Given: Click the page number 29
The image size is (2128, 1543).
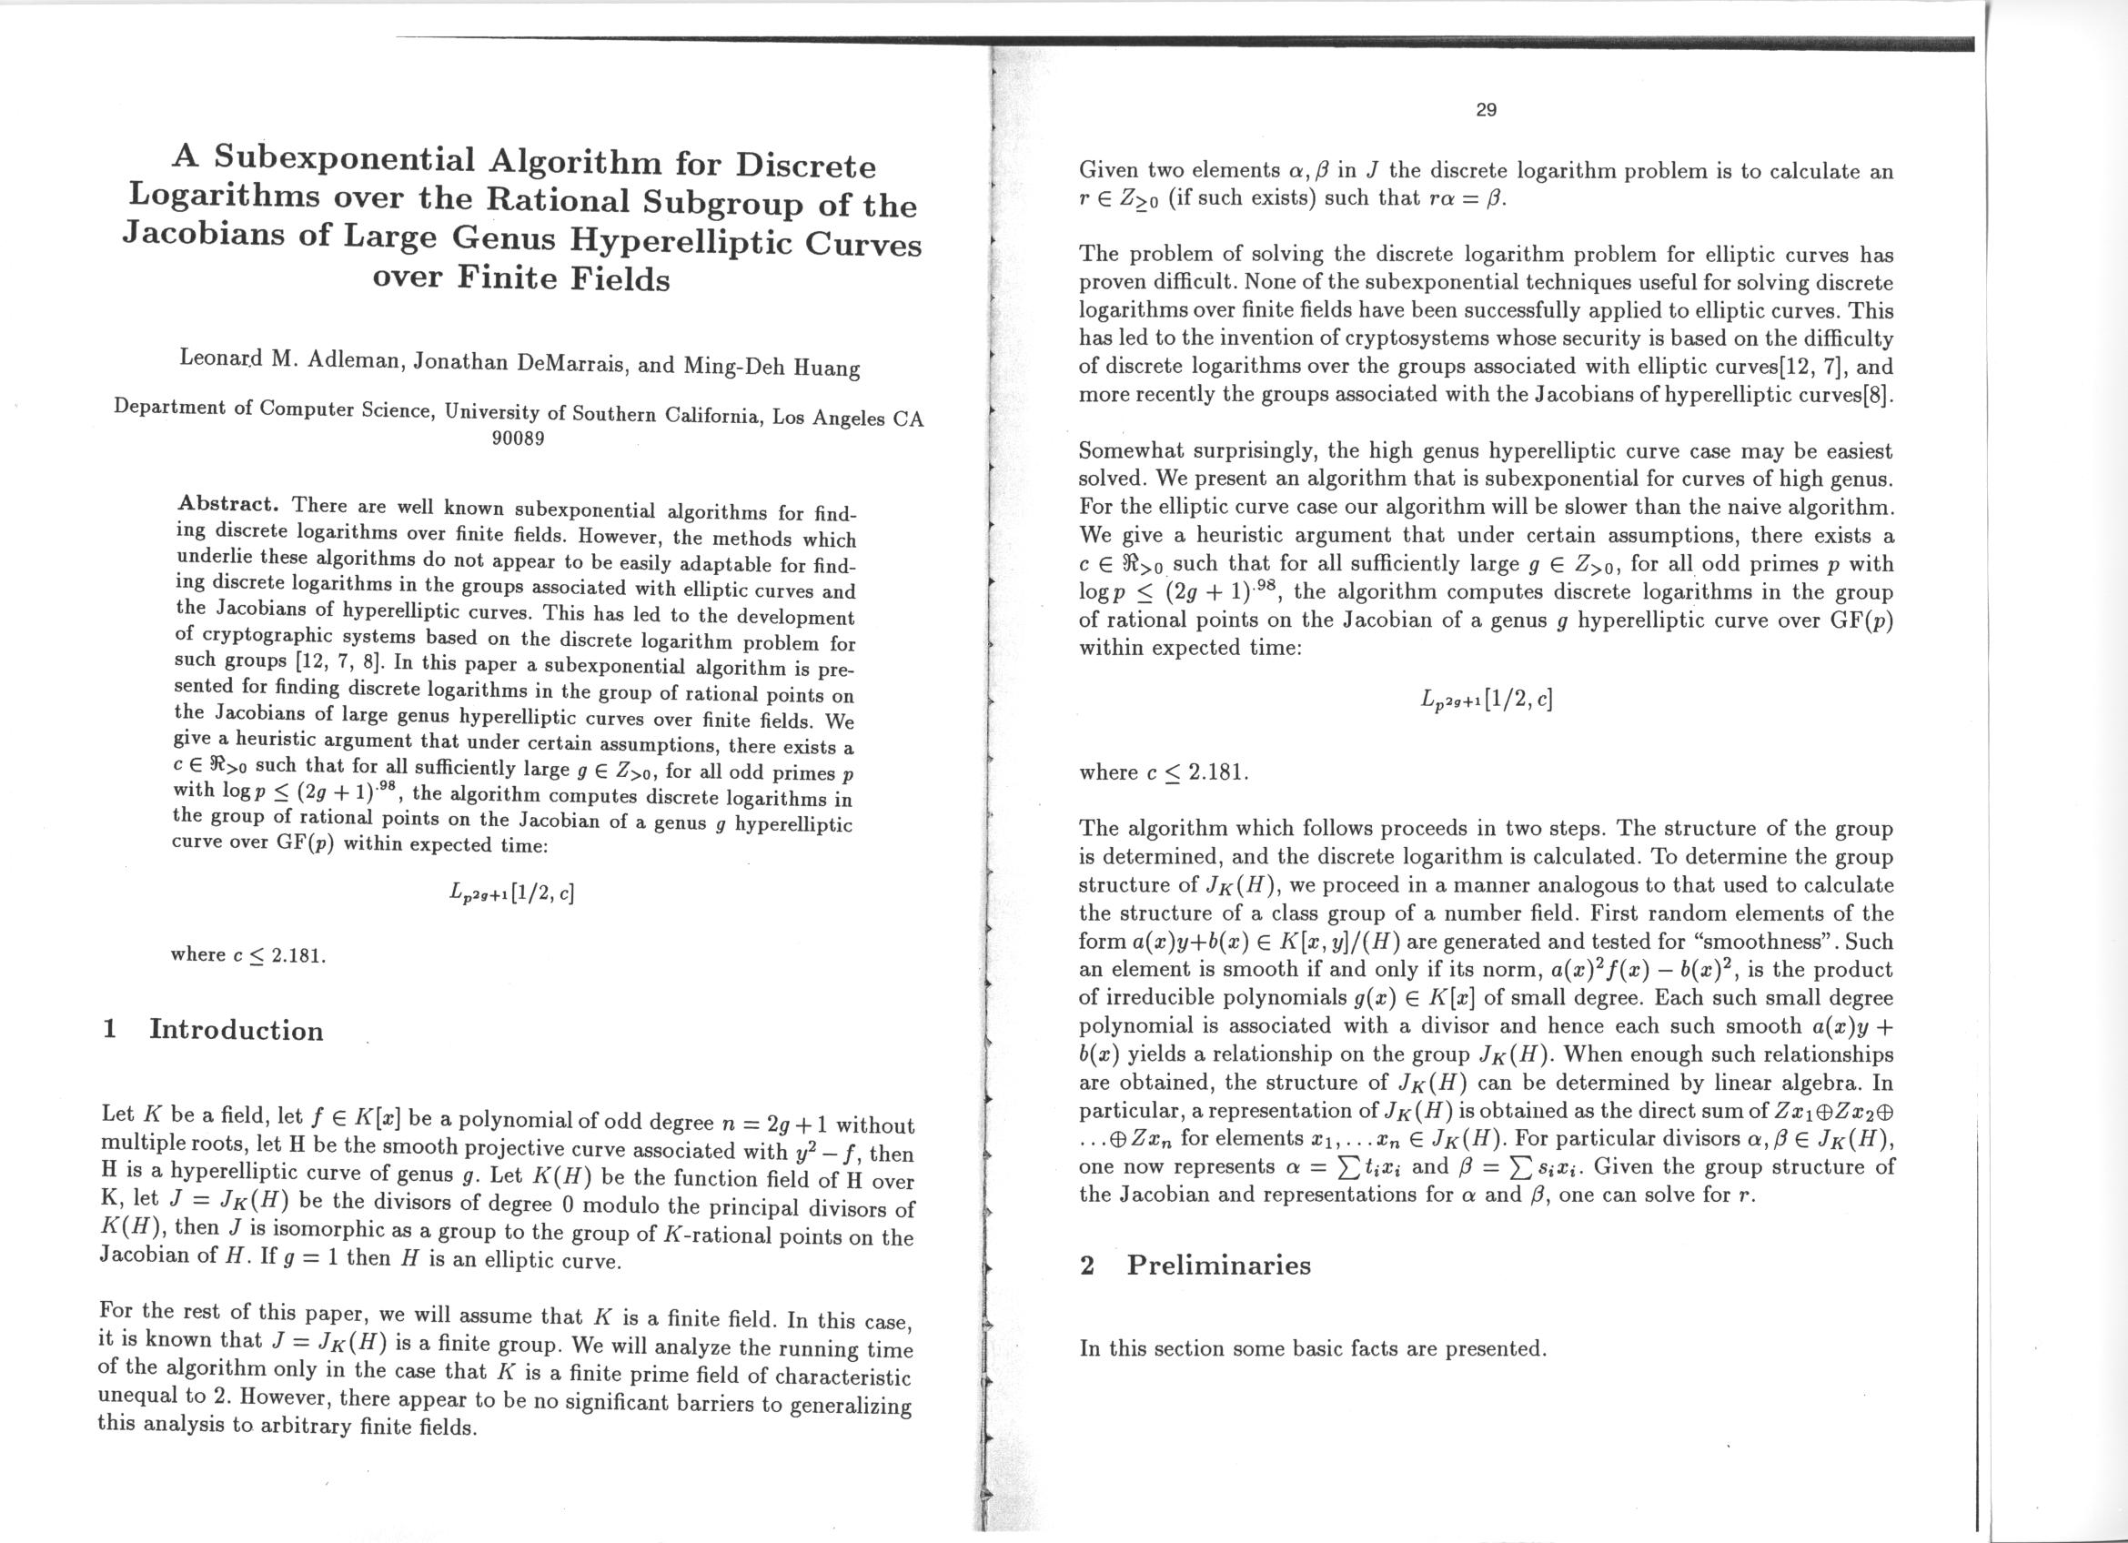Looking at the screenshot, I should [x=1486, y=110].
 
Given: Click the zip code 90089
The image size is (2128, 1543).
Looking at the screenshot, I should [x=518, y=438].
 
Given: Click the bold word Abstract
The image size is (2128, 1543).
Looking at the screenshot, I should [x=229, y=503].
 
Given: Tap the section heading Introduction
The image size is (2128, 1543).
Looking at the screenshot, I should [x=236, y=1030].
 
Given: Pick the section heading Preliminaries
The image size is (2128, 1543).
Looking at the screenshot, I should [x=1218, y=1265].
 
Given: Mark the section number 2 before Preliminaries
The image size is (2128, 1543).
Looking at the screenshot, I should [x=1086, y=1265].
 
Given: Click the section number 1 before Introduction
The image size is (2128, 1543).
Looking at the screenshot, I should [x=110, y=1029].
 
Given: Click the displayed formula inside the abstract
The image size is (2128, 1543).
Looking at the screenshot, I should [x=511, y=890].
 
